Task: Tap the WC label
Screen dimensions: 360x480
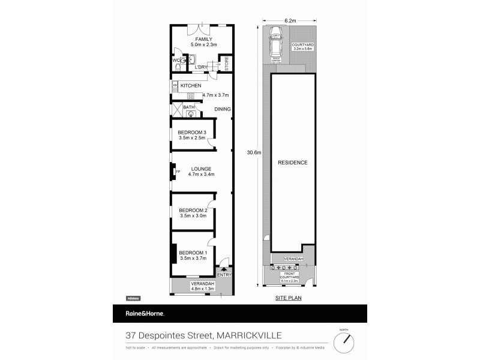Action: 176,61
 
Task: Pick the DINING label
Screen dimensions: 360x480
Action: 223,109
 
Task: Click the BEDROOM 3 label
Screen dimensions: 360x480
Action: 193,133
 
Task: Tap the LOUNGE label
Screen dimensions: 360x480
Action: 201,169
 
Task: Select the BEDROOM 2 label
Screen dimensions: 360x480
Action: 193,210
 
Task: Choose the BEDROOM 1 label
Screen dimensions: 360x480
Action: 193,252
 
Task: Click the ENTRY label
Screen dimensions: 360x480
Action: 224,275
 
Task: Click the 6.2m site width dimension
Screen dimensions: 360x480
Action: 290,21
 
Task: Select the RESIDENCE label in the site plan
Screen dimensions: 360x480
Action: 293,163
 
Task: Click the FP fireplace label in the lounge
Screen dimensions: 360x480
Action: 178,172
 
